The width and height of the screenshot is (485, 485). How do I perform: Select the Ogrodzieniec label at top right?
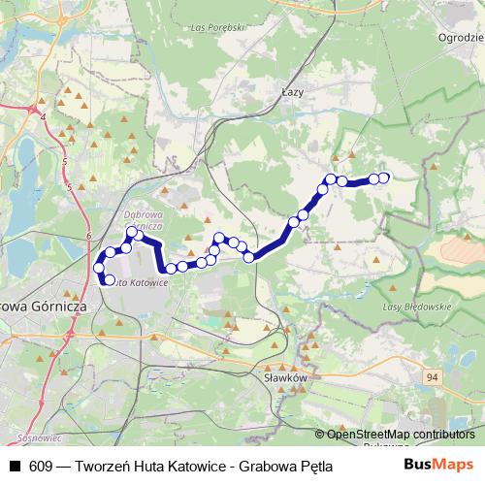click(460, 34)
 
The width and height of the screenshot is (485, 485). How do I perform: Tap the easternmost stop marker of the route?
click(384, 178)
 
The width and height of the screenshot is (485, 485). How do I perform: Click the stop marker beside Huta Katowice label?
click(109, 281)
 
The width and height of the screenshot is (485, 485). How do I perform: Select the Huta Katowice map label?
click(140, 282)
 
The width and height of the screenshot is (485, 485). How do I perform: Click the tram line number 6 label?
click(87, 236)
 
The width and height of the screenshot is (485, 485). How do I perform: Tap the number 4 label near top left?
click(43, 117)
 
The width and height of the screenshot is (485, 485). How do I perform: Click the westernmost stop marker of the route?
click(98, 267)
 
